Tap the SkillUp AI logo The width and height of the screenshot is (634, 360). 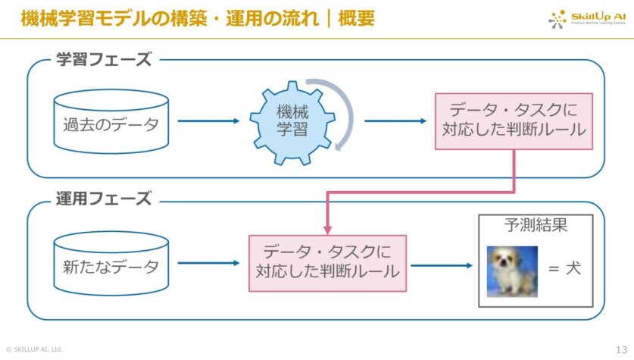pos(588,18)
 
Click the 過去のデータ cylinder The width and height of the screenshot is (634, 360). pos(111,124)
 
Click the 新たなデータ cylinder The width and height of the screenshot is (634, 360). pos(111,266)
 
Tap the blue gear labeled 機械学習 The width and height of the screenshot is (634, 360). pos(292,121)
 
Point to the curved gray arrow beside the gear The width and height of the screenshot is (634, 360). pos(342,114)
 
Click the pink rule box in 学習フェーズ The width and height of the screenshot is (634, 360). pos(513,120)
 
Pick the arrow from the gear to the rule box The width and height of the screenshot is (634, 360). pos(395,121)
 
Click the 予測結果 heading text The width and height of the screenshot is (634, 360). pos(536,226)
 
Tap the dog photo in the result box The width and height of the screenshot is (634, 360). pos(511,271)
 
